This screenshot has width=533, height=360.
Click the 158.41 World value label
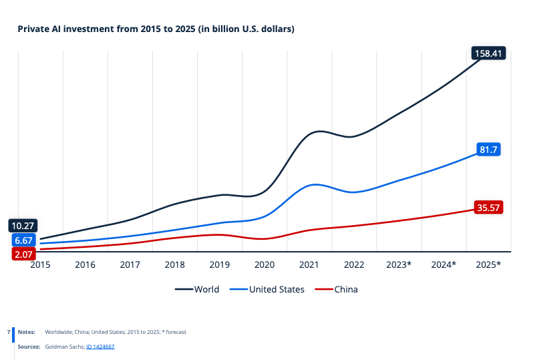pos(488,53)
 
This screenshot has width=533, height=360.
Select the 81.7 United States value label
pos(488,150)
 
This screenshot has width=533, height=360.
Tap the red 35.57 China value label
pos(488,208)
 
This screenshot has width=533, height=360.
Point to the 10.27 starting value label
pos(23,226)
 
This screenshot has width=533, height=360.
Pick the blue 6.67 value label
pos(23,240)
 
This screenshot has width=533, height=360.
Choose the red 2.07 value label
pos(23,254)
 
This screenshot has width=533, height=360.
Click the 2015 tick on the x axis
pos(40,264)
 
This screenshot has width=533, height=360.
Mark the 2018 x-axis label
pos(174,264)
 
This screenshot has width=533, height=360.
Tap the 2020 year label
pos(264,264)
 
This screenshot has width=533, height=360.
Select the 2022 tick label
pos(353,264)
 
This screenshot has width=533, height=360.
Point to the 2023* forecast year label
pos(399,264)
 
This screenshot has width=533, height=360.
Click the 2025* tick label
pos(488,264)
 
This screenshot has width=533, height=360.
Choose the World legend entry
pos(198,289)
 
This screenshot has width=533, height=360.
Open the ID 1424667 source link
pos(100,347)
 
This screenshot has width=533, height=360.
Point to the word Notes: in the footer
pos(26,331)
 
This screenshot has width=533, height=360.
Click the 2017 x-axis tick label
pos(130,264)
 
